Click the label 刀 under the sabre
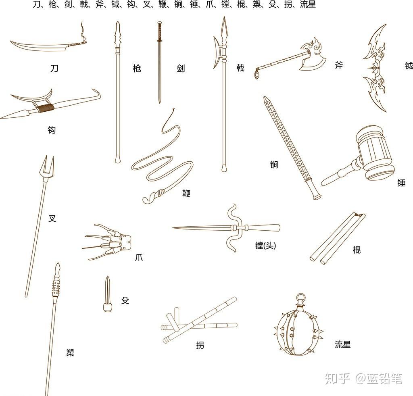point(54,69)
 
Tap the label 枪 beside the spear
point(137,69)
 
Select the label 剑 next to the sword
point(181,69)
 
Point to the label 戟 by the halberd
point(240,68)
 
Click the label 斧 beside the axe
point(339,65)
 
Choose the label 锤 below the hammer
point(401,183)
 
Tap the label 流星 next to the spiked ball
point(343,344)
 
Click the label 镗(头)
point(265,246)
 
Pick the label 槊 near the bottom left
point(70,352)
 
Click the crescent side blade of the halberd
point(217,52)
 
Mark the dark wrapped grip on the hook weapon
point(45,108)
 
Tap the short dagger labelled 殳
point(107,294)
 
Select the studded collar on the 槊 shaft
point(56,288)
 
